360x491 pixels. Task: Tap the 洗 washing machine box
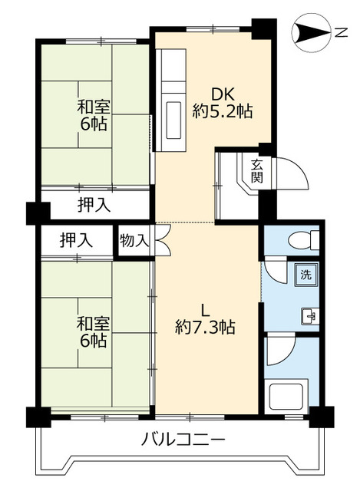tap(306, 274)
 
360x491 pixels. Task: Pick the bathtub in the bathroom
tap(288, 397)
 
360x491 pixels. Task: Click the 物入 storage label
tap(134, 240)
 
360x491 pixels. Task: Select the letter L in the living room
tap(205, 310)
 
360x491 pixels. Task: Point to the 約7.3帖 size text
tap(205, 328)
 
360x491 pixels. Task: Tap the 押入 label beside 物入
tap(77, 239)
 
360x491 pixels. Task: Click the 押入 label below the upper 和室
tap(94, 205)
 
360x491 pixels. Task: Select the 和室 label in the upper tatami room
tap(91, 106)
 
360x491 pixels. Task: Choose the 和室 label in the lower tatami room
tap(91, 321)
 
